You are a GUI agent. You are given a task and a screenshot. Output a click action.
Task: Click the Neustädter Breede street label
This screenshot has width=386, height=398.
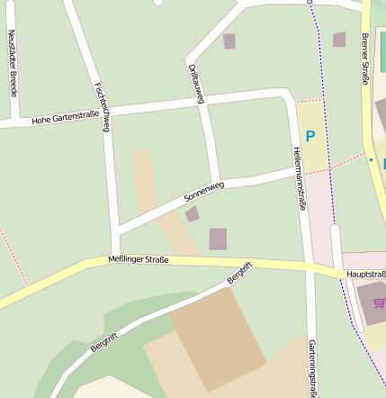(13, 62)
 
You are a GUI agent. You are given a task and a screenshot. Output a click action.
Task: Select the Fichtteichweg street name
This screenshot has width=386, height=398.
(101, 107)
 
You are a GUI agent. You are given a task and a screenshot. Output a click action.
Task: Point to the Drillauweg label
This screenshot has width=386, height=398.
(194, 85)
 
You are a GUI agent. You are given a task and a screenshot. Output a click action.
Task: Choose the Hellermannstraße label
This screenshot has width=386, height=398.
(299, 178)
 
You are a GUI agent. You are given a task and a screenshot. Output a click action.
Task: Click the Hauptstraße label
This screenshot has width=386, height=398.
(364, 274)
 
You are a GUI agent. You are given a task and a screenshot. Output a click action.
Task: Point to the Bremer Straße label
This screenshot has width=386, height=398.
(364, 59)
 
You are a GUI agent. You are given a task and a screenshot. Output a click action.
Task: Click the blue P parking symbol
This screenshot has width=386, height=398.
(310, 137)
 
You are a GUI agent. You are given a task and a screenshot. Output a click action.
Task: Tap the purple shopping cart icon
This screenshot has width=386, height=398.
(379, 303)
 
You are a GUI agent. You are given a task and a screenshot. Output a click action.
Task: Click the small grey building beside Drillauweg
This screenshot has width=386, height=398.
(229, 41)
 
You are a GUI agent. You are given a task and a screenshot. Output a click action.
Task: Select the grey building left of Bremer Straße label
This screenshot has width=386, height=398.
(339, 39)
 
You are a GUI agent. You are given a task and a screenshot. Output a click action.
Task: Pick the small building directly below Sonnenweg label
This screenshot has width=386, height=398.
(192, 214)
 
